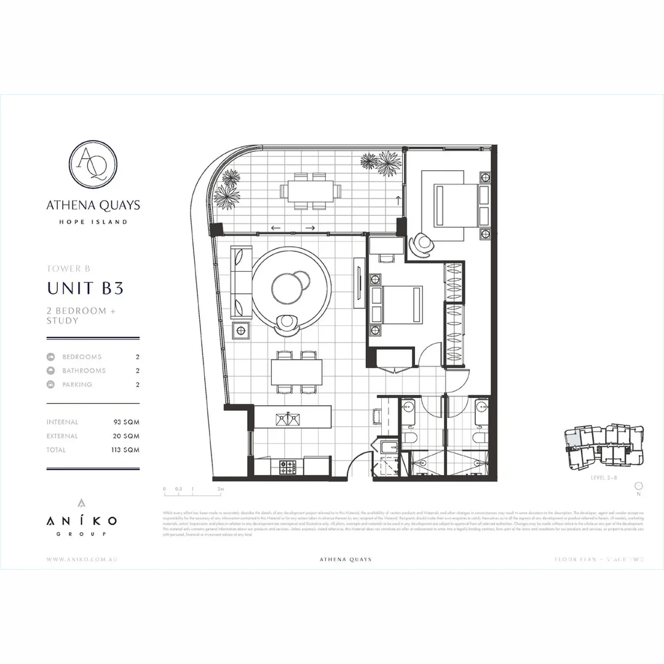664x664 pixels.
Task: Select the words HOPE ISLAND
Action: (93, 222)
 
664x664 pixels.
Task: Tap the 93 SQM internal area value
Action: (126, 422)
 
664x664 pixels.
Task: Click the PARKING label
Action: (77, 385)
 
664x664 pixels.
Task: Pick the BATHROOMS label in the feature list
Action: (84, 371)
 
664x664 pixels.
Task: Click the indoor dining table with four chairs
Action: (297, 372)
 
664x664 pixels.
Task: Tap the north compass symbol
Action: (638, 486)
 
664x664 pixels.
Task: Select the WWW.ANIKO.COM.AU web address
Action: (82, 559)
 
